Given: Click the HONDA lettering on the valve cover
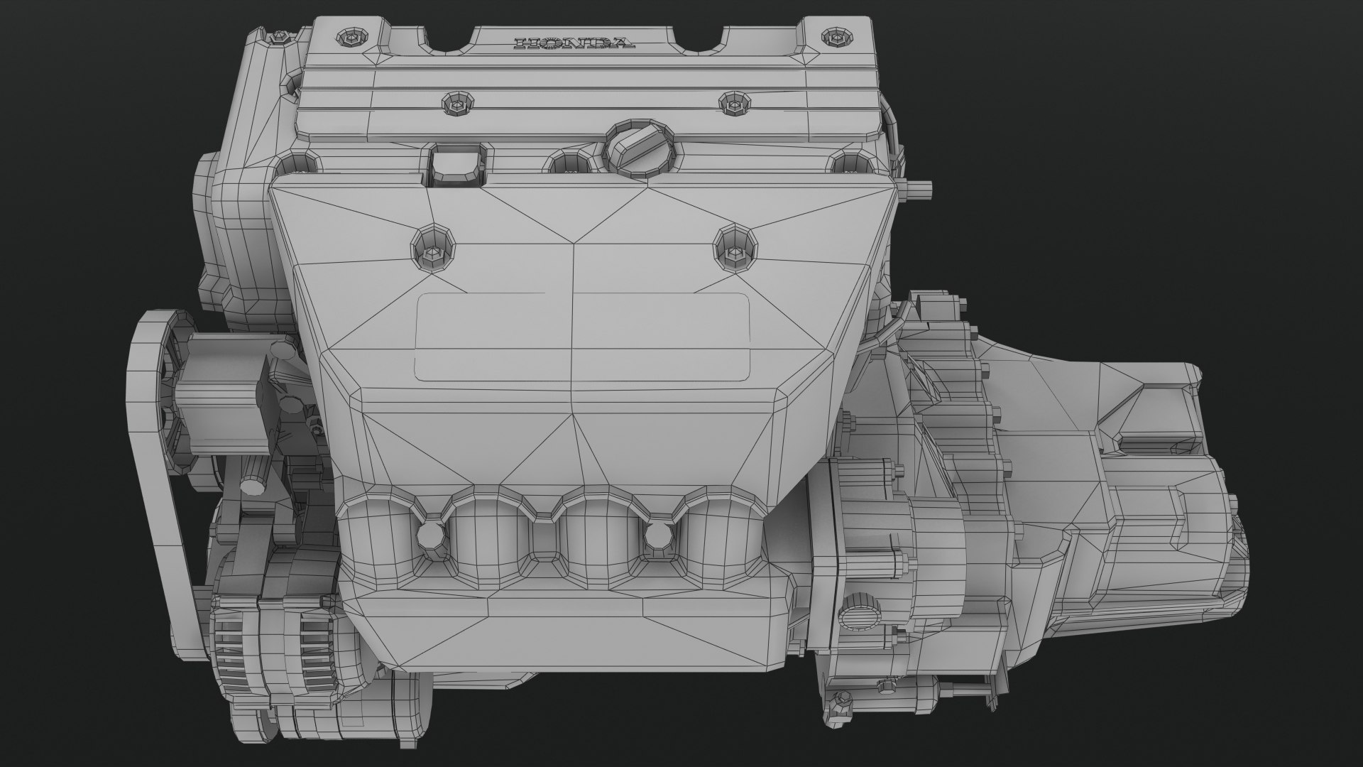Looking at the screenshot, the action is (574, 43).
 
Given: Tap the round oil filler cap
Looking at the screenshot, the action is (639, 148).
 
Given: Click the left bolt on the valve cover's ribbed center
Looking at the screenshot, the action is (456, 104).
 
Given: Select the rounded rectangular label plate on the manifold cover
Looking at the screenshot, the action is (583, 337).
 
